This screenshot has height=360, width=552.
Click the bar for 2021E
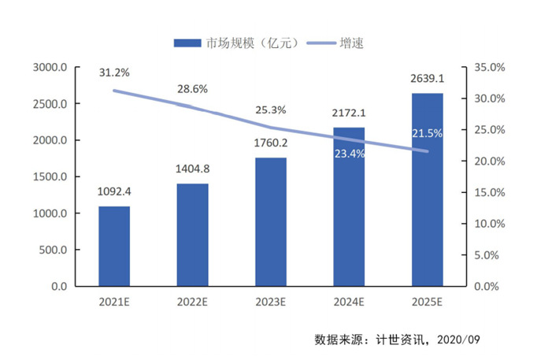point(114,247)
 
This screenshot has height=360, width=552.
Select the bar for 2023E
point(270,222)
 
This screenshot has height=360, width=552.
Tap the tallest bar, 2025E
point(427,190)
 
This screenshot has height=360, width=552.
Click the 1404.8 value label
point(192,169)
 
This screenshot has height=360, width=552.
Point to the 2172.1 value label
point(349,112)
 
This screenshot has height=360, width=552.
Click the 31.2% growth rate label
point(114,72)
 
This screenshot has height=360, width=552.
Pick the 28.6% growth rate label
point(192,89)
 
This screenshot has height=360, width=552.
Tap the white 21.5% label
point(427,135)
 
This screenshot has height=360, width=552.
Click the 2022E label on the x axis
point(192,300)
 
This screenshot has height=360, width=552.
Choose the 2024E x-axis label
point(349,300)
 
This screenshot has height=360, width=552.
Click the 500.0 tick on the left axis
point(52,251)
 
